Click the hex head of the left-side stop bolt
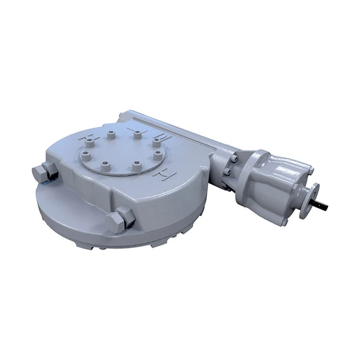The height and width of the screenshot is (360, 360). [x=40, y=173]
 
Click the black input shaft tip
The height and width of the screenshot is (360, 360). [x=322, y=207]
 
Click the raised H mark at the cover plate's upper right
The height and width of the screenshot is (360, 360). [x=164, y=138]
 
